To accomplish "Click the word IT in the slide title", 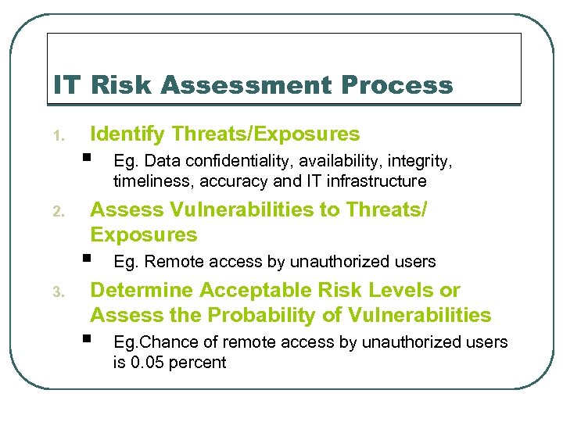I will (66, 84).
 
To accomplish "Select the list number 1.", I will (57, 138).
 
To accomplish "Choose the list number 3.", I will (57, 293).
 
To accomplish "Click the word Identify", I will (127, 134).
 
